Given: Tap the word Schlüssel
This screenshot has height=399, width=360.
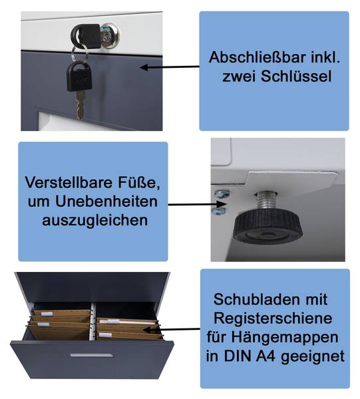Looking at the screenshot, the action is point(296,76).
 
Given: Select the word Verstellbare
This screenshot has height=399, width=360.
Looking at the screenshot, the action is point(69,182).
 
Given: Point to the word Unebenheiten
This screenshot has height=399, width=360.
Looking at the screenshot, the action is point(106,201).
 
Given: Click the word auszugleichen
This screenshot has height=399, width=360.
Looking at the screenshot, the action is point(94,220).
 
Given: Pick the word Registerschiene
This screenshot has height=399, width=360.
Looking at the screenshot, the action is point(273,319).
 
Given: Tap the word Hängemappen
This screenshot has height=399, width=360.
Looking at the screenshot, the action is point(285,338).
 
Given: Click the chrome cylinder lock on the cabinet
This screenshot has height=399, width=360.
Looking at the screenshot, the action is point(110,36).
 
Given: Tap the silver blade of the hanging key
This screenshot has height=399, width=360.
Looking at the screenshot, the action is point(81,105).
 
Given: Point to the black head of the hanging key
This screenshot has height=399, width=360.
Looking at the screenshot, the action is point(79,76).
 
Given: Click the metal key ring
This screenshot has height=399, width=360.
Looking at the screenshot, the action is point(81,53).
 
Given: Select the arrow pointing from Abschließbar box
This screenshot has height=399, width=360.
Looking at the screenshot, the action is point(170,67).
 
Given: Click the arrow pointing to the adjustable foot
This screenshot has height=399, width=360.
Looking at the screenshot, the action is point(198,204).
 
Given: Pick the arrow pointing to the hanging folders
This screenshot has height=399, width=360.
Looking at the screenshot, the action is point(171,330).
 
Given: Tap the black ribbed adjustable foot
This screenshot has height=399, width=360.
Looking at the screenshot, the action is point(268,227).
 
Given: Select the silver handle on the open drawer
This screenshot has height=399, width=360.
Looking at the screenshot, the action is point(92,354).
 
